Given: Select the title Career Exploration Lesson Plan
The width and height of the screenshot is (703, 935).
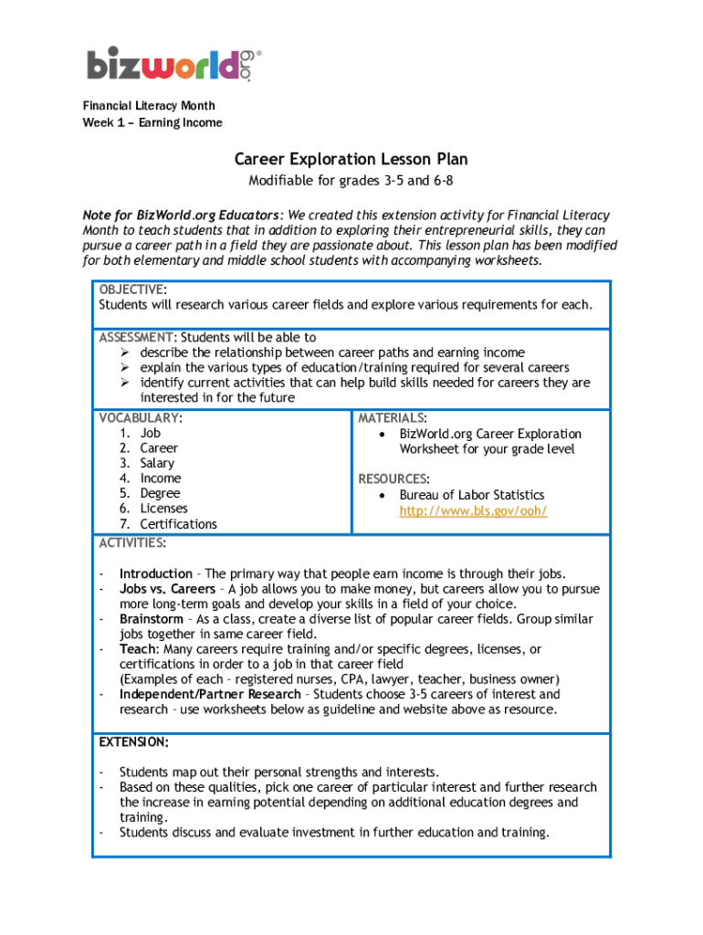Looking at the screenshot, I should [x=351, y=160].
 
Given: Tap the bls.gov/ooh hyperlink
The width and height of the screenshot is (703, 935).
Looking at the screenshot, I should [x=473, y=510].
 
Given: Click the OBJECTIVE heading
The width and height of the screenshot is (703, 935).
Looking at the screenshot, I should [x=131, y=289].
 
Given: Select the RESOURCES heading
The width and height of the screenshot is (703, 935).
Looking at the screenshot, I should [x=393, y=478].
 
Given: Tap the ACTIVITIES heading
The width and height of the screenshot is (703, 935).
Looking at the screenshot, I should [x=132, y=543].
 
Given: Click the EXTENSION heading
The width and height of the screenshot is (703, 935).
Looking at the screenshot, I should [x=133, y=741].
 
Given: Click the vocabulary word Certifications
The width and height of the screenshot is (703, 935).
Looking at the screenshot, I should [x=178, y=524].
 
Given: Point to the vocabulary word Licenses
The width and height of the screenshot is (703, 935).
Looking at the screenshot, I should [x=163, y=509].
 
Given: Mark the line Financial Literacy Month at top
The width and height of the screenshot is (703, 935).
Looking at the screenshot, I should [x=149, y=107].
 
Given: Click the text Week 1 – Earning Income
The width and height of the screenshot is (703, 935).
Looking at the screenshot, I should [x=152, y=122].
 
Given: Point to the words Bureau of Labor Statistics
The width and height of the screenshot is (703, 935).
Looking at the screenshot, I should [x=471, y=495].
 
